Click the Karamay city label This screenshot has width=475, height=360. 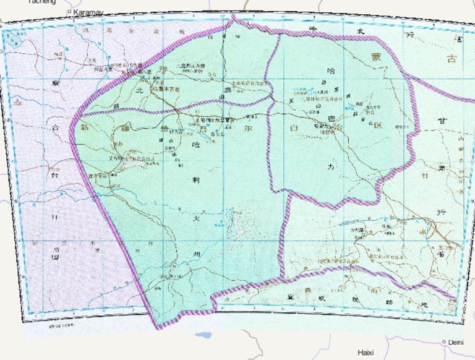[x=88, y=12]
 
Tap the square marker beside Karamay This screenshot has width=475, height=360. [x=69, y=11]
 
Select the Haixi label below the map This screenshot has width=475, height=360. [x=366, y=353]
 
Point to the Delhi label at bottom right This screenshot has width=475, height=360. [x=456, y=342]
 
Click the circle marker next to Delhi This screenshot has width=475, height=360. [x=444, y=341]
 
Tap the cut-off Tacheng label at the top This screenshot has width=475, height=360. [x=41, y=2]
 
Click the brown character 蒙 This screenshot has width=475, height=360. [x=377, y=57]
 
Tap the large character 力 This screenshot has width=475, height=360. [x=332, y=167]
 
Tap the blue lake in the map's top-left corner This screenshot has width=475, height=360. [x=12, y=42]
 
